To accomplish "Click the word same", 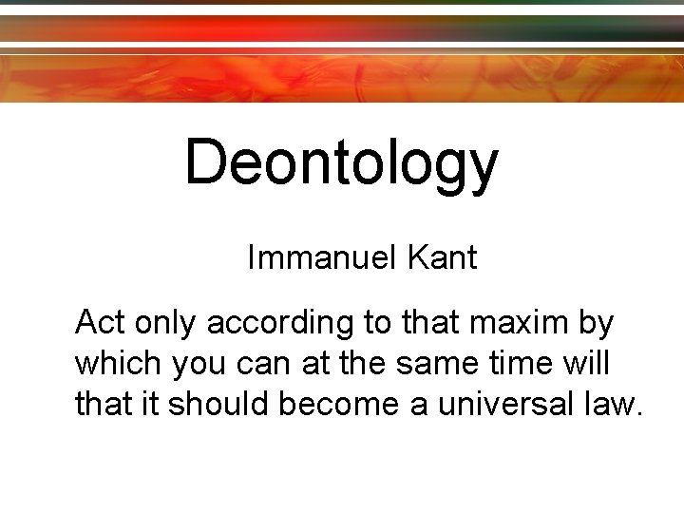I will point(430,365).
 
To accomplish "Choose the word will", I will point(588,363).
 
